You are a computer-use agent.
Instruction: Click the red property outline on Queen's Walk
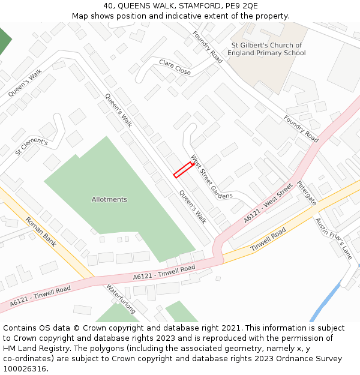tap(182, 170)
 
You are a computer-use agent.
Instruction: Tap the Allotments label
tap(109, 199)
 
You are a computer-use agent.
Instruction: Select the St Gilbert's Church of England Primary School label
tap(266, 49)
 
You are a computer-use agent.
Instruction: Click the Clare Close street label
tap(175, 67)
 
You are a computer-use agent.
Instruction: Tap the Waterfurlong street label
tap(122, 299)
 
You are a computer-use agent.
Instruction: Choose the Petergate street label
tap(306, 193)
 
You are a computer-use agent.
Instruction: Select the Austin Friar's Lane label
tap(333, 238)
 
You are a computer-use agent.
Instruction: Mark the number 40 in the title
tap(109, 6)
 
